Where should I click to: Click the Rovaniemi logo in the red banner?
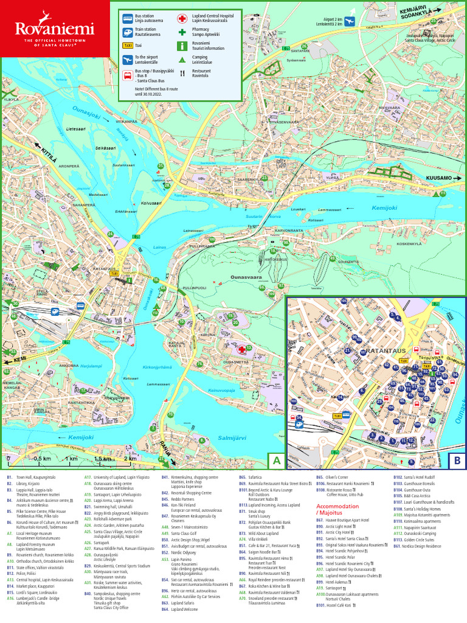click(x=55, y=29)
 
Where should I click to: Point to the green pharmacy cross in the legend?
click(x=182, y=32)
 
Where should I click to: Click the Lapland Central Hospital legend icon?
click(x=182, y=18)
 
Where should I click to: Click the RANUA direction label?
click(x=164, y=448)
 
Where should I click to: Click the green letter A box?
click(x=277, y=461)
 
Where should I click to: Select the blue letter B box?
click(x=456, y=461)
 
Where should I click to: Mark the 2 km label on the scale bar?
click(x=130, y=458)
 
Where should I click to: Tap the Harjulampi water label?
click(x=90, y=366)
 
